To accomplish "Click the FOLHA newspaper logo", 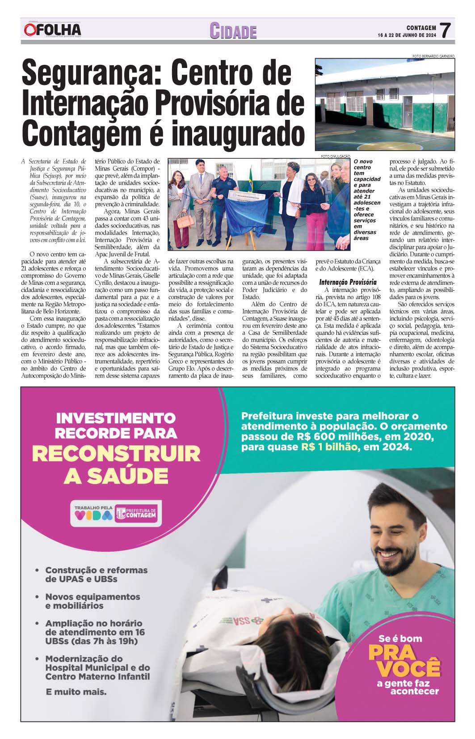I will point(53,30).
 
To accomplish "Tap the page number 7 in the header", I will point(446,30).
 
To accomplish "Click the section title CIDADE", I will point(233,31).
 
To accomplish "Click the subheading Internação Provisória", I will point(348,282).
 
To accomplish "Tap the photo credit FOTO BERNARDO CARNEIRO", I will point(433,56).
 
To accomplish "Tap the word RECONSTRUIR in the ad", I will point(116,454).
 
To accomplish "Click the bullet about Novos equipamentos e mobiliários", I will point(92,601).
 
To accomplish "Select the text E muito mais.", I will point(76,692).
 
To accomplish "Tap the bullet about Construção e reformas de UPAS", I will point(96,574).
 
